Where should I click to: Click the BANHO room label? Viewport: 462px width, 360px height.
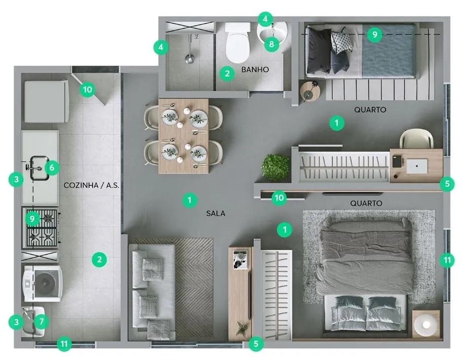coord(255,69)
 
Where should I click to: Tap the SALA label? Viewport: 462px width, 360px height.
coord(216,213)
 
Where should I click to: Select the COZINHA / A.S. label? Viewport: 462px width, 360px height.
coord(91,185)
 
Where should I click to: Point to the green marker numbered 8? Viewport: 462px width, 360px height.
coord(272,44)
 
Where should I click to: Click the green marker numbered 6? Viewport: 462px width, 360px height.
coord(52,168)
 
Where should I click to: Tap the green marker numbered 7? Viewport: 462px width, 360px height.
coord(41,322)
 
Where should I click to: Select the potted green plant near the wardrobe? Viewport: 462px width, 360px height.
coord(276,167)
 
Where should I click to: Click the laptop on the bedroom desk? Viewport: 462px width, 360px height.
coord(417,166)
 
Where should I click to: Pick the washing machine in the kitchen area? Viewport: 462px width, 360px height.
coord(43,284)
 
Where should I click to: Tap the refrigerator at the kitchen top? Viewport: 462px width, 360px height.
coord(47,101)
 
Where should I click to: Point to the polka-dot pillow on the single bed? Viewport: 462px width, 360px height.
coord(342,41)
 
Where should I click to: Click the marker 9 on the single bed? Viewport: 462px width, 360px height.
coord(374,35)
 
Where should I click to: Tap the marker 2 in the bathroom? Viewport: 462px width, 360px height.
coord(227,73)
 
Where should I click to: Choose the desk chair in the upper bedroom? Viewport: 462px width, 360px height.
coord(416,139)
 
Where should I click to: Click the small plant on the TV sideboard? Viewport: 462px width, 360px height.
coord(242,328)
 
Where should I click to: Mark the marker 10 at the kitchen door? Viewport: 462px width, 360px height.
coord(88,89)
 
